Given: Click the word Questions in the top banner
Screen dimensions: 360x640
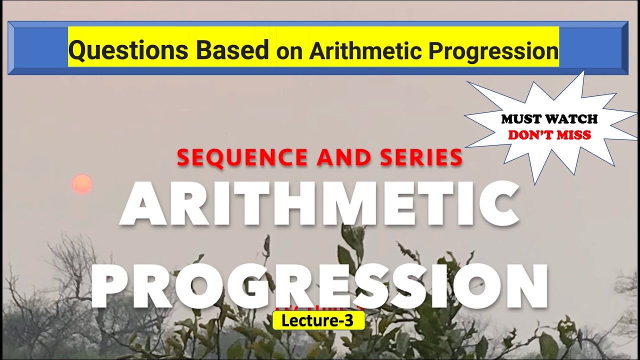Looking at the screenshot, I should tap(128, 50).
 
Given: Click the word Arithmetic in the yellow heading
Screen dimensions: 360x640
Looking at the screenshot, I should tap(360, 51).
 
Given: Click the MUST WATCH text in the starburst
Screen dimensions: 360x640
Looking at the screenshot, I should tap(549, 119).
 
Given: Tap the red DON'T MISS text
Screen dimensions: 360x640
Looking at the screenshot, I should tap(549, 135).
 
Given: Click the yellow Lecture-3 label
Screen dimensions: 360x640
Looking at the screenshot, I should tap(318, 321).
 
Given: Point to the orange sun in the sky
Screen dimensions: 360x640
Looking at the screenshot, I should tap(82, 184).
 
